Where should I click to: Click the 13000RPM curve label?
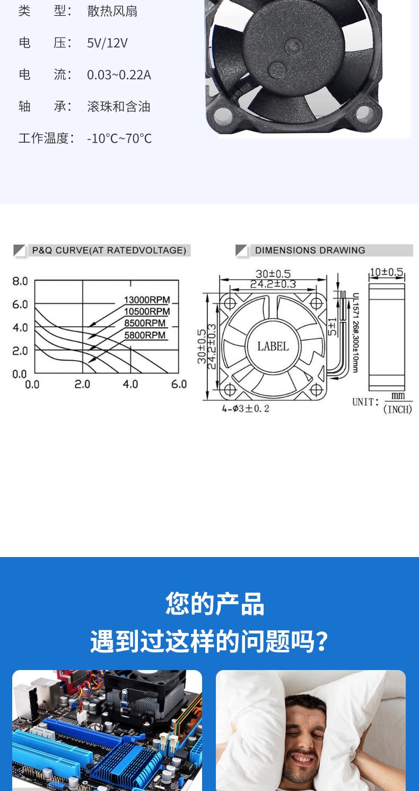(147, 300)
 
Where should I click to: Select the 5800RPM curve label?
(145, 335)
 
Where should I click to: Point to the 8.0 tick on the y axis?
(20, 281)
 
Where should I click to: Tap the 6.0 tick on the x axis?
(179, 384)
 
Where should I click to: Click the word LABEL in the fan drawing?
(273, 346)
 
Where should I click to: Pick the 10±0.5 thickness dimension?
(387, 272)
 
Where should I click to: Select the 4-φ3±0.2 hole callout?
(246, 408)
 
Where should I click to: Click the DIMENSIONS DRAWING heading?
(310, 250)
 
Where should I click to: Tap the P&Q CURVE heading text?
(109, 250)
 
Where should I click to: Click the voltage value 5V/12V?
(107, 43)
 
